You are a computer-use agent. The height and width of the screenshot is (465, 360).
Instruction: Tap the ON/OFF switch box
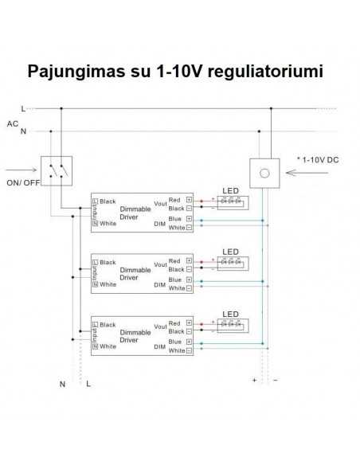(x=56, y=168)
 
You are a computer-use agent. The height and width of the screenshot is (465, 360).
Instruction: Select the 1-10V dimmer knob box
(x=265, y=170)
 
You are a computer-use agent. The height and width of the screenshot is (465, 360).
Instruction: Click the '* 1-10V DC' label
(x=317, y=160)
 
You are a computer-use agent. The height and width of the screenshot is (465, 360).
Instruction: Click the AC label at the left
(x=12, y=123)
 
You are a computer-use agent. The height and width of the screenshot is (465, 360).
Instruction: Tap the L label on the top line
(x=24, y=107)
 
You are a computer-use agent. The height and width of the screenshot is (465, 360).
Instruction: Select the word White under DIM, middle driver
(x=177, y=289)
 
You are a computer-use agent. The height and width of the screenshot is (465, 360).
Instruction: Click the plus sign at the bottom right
(x=254, y=381)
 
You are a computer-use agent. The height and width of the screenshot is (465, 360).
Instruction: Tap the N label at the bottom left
(x=62, y=384)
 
